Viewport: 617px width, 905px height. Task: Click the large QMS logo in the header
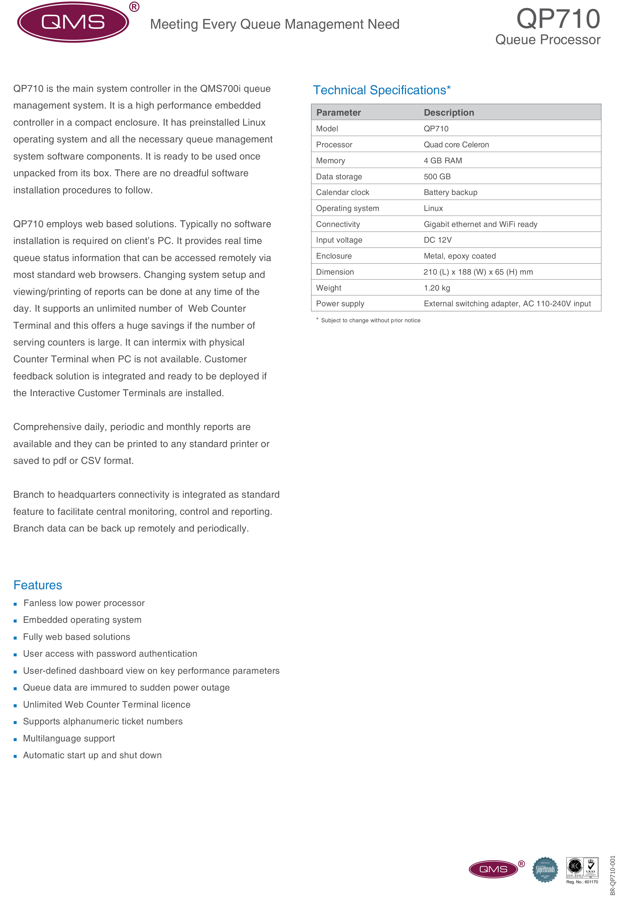[x=73, y=22]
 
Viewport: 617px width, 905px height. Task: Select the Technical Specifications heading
[x=381, y=90]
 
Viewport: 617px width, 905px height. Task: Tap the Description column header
[x=449, y=113]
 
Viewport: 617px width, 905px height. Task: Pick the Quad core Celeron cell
[x=456, y=145]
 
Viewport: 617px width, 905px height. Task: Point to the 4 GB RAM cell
[x=443, y=160]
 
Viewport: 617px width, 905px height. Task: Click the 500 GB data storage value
[x=437, y=176]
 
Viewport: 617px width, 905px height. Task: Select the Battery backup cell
[x=450, y=192]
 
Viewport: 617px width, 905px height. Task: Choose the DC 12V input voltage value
[x=437, y=240]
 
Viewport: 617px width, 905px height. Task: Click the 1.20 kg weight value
[x=437, y=288]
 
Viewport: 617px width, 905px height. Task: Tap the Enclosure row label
[x=334, y=256]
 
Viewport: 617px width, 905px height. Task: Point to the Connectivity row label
[x=338, y=224]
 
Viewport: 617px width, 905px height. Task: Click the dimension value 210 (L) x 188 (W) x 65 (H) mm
[x=478, y=272]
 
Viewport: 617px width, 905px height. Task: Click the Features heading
[x=38, y=585]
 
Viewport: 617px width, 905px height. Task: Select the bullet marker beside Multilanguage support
[x=15, y=739]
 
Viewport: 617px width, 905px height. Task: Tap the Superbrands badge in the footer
[x=545, y=869]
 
